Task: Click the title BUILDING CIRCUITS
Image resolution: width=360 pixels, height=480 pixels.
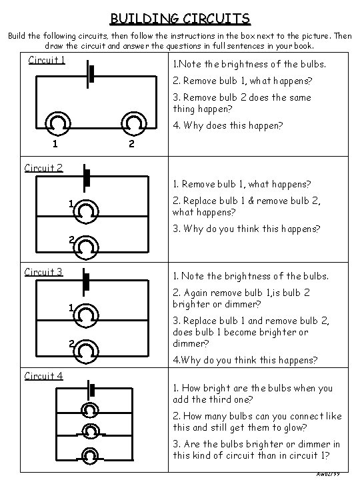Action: [180, 19]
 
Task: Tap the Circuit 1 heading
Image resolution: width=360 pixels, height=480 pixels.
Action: [47, 60]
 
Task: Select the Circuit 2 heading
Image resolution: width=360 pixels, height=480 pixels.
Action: [44, 168]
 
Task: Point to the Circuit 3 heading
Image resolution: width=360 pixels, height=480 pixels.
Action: [44, 272]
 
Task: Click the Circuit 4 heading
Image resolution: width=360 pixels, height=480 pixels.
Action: [44, 375]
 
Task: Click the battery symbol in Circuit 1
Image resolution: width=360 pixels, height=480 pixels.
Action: [90, 75]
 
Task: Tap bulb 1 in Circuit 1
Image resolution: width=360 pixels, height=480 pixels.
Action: [58, 124]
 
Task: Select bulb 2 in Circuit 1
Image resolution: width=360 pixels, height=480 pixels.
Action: [134, 124]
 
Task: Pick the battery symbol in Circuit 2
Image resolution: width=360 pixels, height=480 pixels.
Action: [86, 178]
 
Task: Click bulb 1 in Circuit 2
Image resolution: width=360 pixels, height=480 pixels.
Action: [86, 212]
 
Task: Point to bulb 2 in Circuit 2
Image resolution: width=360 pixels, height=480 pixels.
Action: [86, 247]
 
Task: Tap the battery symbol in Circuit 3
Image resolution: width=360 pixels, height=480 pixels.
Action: [86, 282]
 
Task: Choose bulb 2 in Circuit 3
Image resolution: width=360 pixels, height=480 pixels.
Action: [86, 351]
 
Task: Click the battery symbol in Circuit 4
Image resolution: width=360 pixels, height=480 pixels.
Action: [91, 390]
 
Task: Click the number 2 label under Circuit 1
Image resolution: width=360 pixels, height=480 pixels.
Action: [131, 143]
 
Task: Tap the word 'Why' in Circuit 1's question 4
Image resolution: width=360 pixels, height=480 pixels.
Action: [193, 125]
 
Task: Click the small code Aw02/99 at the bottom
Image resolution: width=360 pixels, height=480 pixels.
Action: [328, 474]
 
